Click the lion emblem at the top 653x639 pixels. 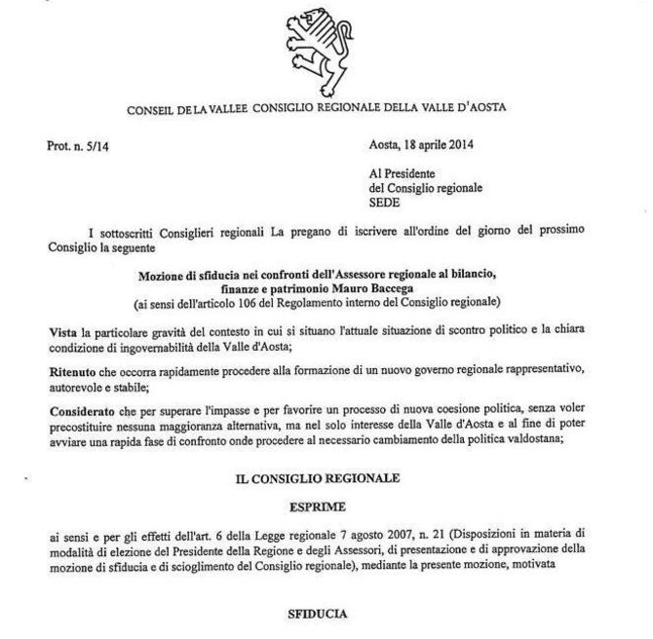pos(326,48)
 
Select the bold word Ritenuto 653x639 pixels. pos(73,373)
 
